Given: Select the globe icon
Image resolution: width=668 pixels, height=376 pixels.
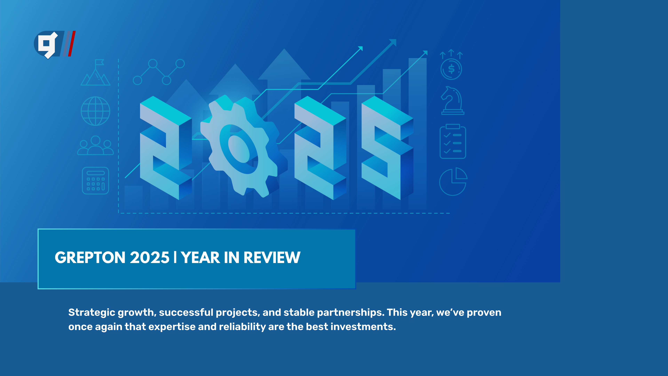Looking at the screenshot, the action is pyautogui.click(x=96, y=111).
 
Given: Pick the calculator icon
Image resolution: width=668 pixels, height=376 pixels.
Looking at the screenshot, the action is pyautogui.click(x=96, y=181).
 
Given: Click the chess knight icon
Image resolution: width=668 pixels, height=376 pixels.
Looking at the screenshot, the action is pyautogui.click(x=452, y=101).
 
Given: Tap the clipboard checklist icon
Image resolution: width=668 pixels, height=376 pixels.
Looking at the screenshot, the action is pyautogui.click(x=453, y=141).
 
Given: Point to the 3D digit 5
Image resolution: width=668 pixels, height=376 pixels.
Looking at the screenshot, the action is pyautogui.click(x=387, y=148).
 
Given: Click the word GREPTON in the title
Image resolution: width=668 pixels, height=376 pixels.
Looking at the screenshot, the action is pyautogui.click(x=90, y=258).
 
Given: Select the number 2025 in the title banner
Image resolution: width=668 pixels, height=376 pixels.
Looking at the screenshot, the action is pyautogui.click(x=150, y=258).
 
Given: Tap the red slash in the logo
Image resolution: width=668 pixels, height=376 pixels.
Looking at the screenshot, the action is pyautogui.click(x=72, y=44).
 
